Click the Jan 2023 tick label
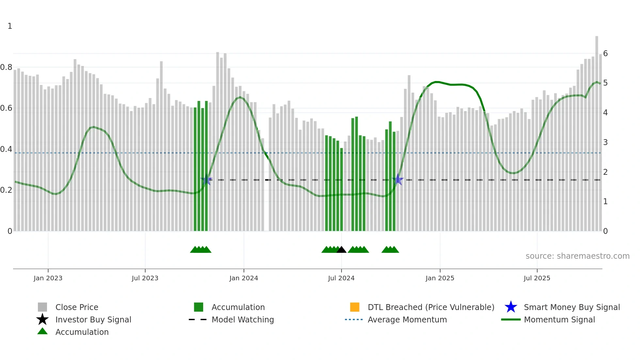[x=48, y=278]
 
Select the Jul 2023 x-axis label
[x=145, y=278]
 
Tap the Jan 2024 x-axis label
[x=244, y=278]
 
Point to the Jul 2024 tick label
[x=341, y=278]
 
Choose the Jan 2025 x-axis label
[x=440, y=278]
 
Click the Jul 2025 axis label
[x=537, y=278]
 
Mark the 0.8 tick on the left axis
[x=6, y=67]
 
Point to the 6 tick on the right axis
[x=605, y=54]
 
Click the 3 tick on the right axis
[x=605, y=142]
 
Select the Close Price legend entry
[x=77, y=307]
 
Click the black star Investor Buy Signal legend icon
[x=42, y=319]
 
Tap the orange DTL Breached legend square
[x=355, y=307]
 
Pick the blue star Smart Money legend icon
[x=511, y=307]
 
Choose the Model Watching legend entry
[x=243, y=319]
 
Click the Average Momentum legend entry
[x=407, y=319]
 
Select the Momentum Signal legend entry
[x=559, y=319]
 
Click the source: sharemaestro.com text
[x=577, y=256]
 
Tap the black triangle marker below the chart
[x=341, y=250]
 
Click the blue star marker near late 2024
[x=398, y=180]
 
